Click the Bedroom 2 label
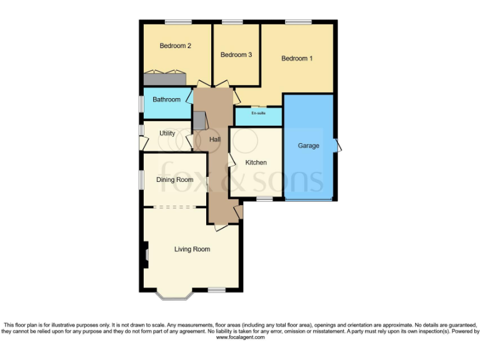[175, 46]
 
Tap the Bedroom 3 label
[236, 55]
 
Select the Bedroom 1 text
[297, 59]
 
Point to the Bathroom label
[166, 99]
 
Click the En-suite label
[258, 114]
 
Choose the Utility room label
[167, 133]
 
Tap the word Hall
[214, 139]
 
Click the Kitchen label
[256, 162]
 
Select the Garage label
[308, 146]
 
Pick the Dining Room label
[174, 180]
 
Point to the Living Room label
[192, 249]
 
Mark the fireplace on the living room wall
[146, 254]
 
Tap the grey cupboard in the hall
[199, 121]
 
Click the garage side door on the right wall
[337, 146]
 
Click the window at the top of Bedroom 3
[232, 22]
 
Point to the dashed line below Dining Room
[175, 207]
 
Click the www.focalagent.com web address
[240, 337]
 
